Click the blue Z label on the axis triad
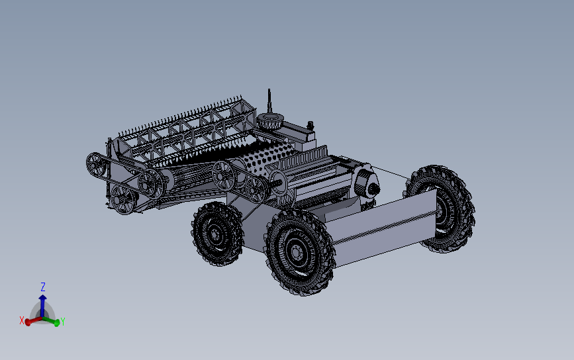tap(43, 287)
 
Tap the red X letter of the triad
tap(22, 321)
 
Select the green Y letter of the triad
tap(63, 322)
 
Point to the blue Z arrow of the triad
tap(43, 306)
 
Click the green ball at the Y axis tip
tap(57, 323)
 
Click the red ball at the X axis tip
tap(28, 322)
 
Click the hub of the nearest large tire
tap(295, 252)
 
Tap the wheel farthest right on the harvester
tap(440, 208)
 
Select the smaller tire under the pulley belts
tap(217, 234)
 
